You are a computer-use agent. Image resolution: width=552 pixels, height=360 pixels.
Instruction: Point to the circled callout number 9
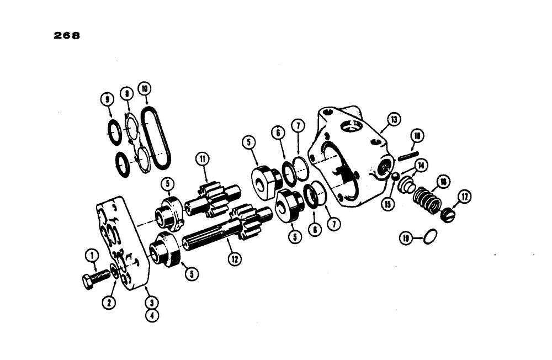pyautogui.click(x=108, y=100)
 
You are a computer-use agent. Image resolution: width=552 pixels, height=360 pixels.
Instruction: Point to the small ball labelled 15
pyautogui.click(x=395, y=176)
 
